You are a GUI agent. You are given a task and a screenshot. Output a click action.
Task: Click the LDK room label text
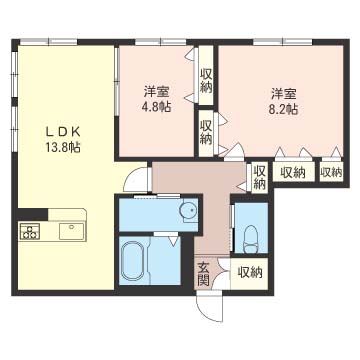[x=63, y=132]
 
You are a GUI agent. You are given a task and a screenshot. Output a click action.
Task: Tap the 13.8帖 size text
[x=63, y=147]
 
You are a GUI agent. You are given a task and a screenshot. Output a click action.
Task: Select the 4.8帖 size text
[x=156, y=107]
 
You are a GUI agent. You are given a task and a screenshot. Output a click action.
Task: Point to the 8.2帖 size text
[x=284, y=109]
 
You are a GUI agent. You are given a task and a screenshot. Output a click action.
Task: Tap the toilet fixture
[x=251, y=239]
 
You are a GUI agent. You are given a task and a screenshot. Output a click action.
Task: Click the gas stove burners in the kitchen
[x=30, y=231]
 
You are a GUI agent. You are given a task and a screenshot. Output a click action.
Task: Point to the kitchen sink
[x=71, y=231]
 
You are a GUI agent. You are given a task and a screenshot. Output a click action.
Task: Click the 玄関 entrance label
[x=203, y=274]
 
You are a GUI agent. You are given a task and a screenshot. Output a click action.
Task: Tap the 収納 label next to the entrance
[x=250, y=273]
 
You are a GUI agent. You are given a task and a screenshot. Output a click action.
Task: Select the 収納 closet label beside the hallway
[x=260, y=177]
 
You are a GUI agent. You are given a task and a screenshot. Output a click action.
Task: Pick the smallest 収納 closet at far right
[x=331, y=172]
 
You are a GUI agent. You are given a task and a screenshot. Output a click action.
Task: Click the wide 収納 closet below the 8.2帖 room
[x=293, y=172]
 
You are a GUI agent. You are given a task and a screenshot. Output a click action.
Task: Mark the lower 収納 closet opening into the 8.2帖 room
[x=206, y=132]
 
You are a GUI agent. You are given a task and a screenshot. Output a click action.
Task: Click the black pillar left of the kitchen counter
[x=33, y=214]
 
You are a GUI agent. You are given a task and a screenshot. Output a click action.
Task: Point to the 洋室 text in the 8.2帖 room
[x=284, y=94]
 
